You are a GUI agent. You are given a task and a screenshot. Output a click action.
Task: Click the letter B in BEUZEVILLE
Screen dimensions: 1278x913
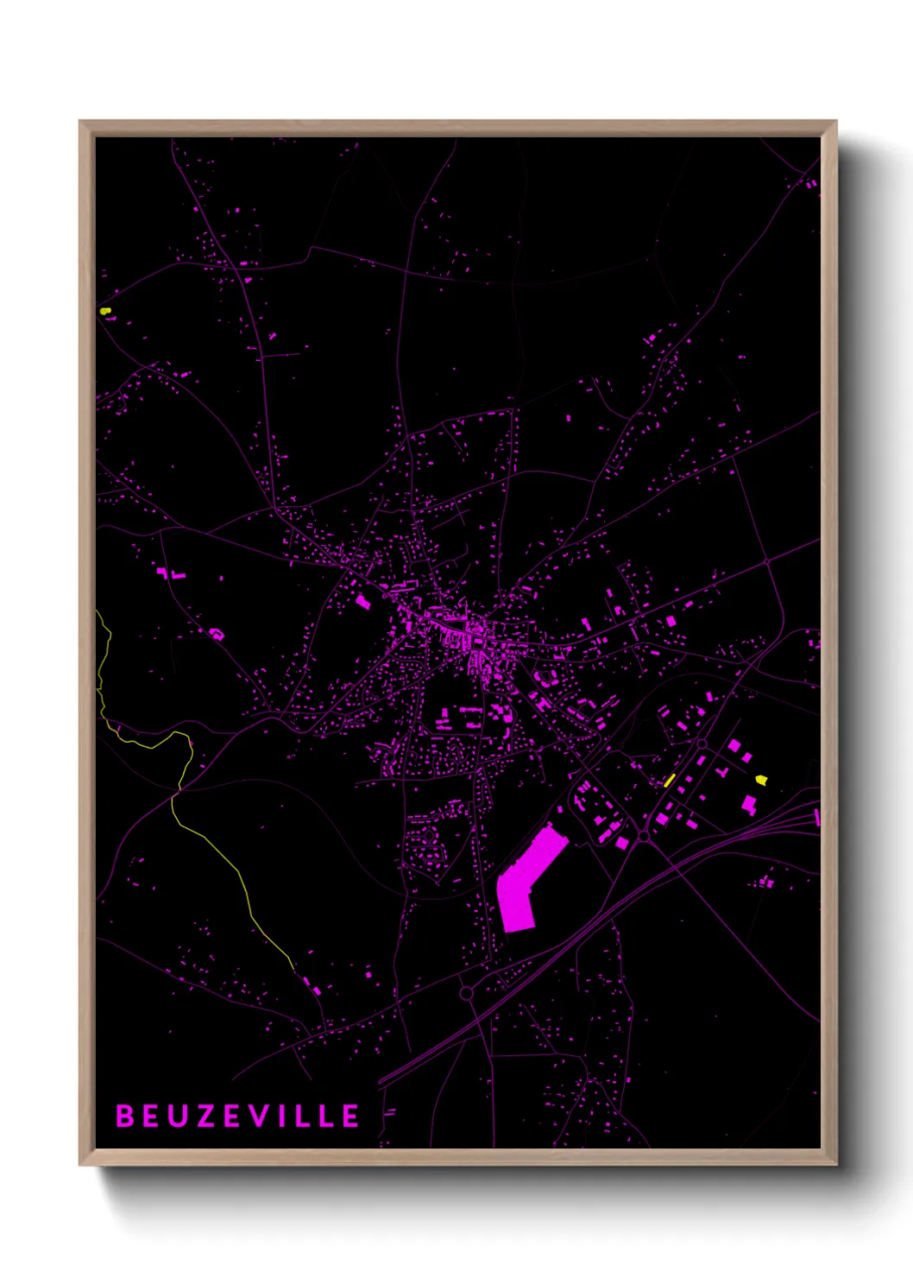125,1116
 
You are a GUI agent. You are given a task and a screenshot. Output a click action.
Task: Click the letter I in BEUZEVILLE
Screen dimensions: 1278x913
281,1116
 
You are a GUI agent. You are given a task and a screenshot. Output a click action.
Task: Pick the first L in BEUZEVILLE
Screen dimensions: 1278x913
303,1116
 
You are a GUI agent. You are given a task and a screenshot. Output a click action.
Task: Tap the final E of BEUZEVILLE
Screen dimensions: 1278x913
350,1116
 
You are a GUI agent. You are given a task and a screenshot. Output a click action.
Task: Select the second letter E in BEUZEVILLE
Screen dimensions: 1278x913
231,1116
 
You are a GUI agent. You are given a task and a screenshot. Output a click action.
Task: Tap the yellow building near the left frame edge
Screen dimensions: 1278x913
105,311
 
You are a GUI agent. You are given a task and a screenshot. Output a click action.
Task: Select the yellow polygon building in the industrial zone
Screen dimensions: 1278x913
760,780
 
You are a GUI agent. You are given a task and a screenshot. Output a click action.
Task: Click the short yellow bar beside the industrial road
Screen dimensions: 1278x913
670,780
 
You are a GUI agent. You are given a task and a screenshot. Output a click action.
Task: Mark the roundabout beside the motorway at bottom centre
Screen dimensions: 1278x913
467,994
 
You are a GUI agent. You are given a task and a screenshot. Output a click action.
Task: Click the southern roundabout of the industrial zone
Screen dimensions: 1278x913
644,836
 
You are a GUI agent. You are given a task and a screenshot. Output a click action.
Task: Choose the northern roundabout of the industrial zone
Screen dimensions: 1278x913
702,743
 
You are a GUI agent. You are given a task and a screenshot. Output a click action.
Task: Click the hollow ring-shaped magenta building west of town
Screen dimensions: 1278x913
217,635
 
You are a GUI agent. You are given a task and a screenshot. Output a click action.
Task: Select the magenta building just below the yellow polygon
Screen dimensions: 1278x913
749,805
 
